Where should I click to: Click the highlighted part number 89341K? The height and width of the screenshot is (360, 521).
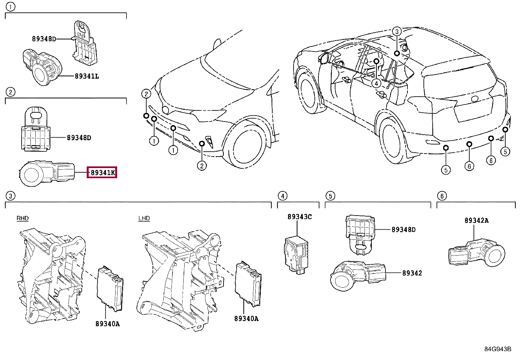click(102, 173)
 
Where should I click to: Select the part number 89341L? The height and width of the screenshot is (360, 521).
click(87, 76)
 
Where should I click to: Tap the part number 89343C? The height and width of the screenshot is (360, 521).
click(299, 217)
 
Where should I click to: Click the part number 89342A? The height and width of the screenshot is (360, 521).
click(476, 220)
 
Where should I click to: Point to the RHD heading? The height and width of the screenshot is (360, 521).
click(23, 218)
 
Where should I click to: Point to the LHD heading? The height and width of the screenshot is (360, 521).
click(144, 218)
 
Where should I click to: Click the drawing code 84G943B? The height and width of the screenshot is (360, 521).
click(497, 349)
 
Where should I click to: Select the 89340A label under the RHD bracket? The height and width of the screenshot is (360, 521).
click(107, 324)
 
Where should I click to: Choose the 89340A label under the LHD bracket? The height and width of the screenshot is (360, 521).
click(246, 318)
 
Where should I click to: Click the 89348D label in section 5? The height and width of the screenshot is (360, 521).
click(403, 230)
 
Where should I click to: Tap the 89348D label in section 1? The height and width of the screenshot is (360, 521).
click(44, 39)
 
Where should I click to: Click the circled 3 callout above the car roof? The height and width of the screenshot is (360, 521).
click(396, 31)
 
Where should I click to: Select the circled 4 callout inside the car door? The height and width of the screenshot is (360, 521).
click(376, 84)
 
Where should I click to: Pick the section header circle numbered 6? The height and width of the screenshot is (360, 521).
click(442, 196)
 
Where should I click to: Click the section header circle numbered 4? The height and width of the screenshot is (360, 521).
click(282, 196)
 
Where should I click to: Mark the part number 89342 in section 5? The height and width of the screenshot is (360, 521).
click(412, 273)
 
